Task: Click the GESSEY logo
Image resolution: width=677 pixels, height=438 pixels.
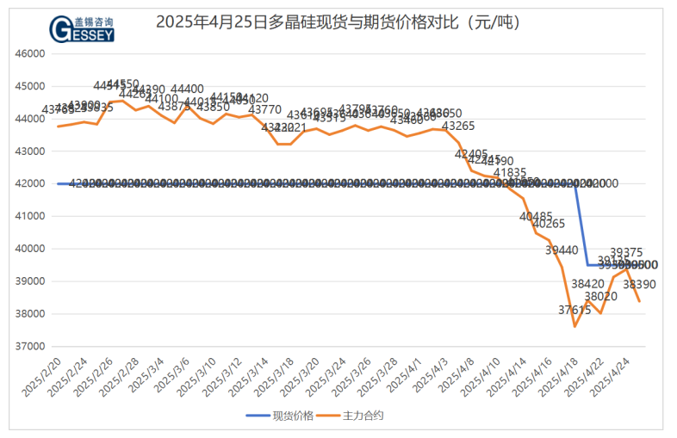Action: coord(84,28)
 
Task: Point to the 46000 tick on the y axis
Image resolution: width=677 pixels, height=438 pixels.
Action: coord(30,53)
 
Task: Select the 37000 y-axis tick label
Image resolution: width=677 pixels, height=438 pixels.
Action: coord(30,347)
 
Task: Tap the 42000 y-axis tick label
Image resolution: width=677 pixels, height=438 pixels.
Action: coord(30,183)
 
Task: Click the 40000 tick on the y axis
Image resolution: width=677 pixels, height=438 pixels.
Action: coord(30,249)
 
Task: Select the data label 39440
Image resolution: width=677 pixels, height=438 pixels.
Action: coord(562,250)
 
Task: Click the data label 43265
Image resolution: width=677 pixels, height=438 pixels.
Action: coord(458,126)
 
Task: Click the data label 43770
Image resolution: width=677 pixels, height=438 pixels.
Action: coord(264,109)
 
